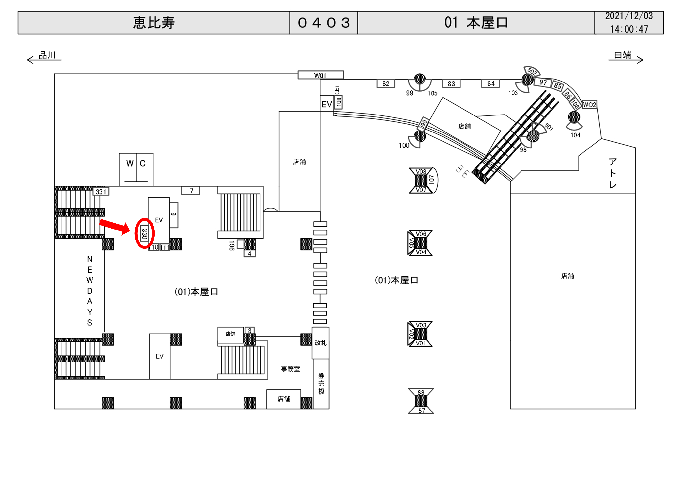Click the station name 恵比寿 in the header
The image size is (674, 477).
[x=154, y=23]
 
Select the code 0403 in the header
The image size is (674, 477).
[x=324, y=23]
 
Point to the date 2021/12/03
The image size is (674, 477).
[x=629, y=16]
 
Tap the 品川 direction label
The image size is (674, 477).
[x=47, y=55]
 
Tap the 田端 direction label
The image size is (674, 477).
[x=623, y=55]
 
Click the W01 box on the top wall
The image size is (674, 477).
[x=321, y=75]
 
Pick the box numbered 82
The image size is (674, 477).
[x=386, y=84]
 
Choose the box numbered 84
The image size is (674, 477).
[x=490, y=84]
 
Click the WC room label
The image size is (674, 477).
[x=136, y=164]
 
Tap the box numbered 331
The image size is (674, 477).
[x=101, y=192]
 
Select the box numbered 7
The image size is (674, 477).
[x=191, y=190]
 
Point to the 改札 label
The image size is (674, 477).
[x=320, y=343]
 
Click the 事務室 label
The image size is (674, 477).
[x=290, y=369]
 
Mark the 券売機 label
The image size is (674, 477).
[x=322, y=383]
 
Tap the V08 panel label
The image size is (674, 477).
[x=421, y=172]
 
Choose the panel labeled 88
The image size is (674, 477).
[x=421, y=392]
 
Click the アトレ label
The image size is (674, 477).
[x=613, y=173]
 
